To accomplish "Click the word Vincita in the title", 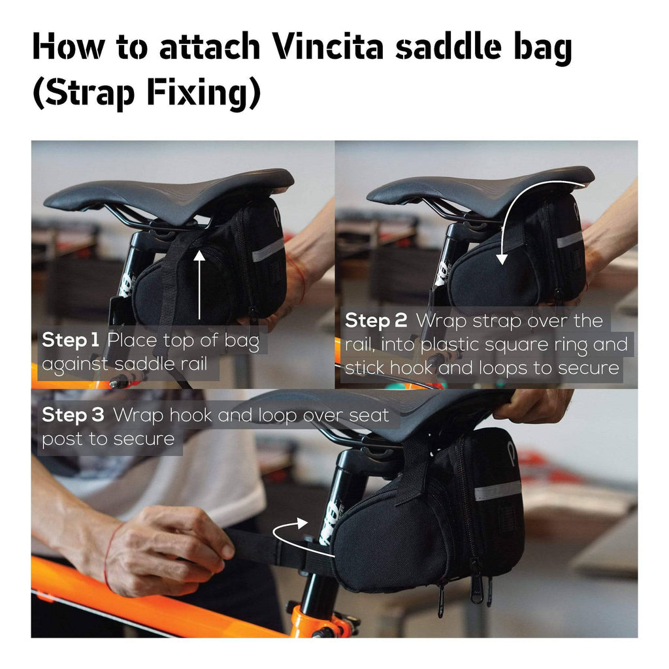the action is pos(329,46).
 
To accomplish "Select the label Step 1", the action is pos(71,340).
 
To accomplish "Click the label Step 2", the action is pos(376,321).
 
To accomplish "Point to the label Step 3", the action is pos(73,415).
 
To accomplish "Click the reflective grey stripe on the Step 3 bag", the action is pos(497,491).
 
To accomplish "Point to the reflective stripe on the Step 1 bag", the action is pos(268,251).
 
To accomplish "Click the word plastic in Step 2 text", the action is pos(448,345).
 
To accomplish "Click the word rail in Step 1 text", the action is pos(194,363).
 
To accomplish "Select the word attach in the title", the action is pos(209,46).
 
